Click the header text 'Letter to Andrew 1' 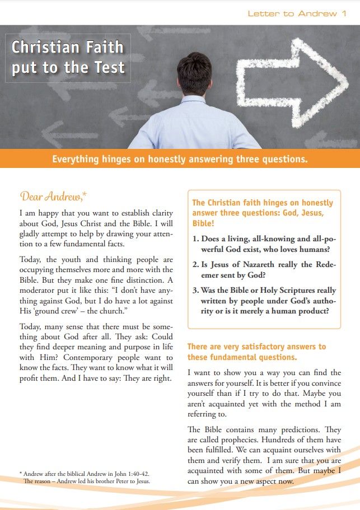297,13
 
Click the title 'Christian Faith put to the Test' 68,57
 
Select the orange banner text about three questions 180,159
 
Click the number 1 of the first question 195,238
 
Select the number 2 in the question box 195,265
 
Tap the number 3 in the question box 195,291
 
